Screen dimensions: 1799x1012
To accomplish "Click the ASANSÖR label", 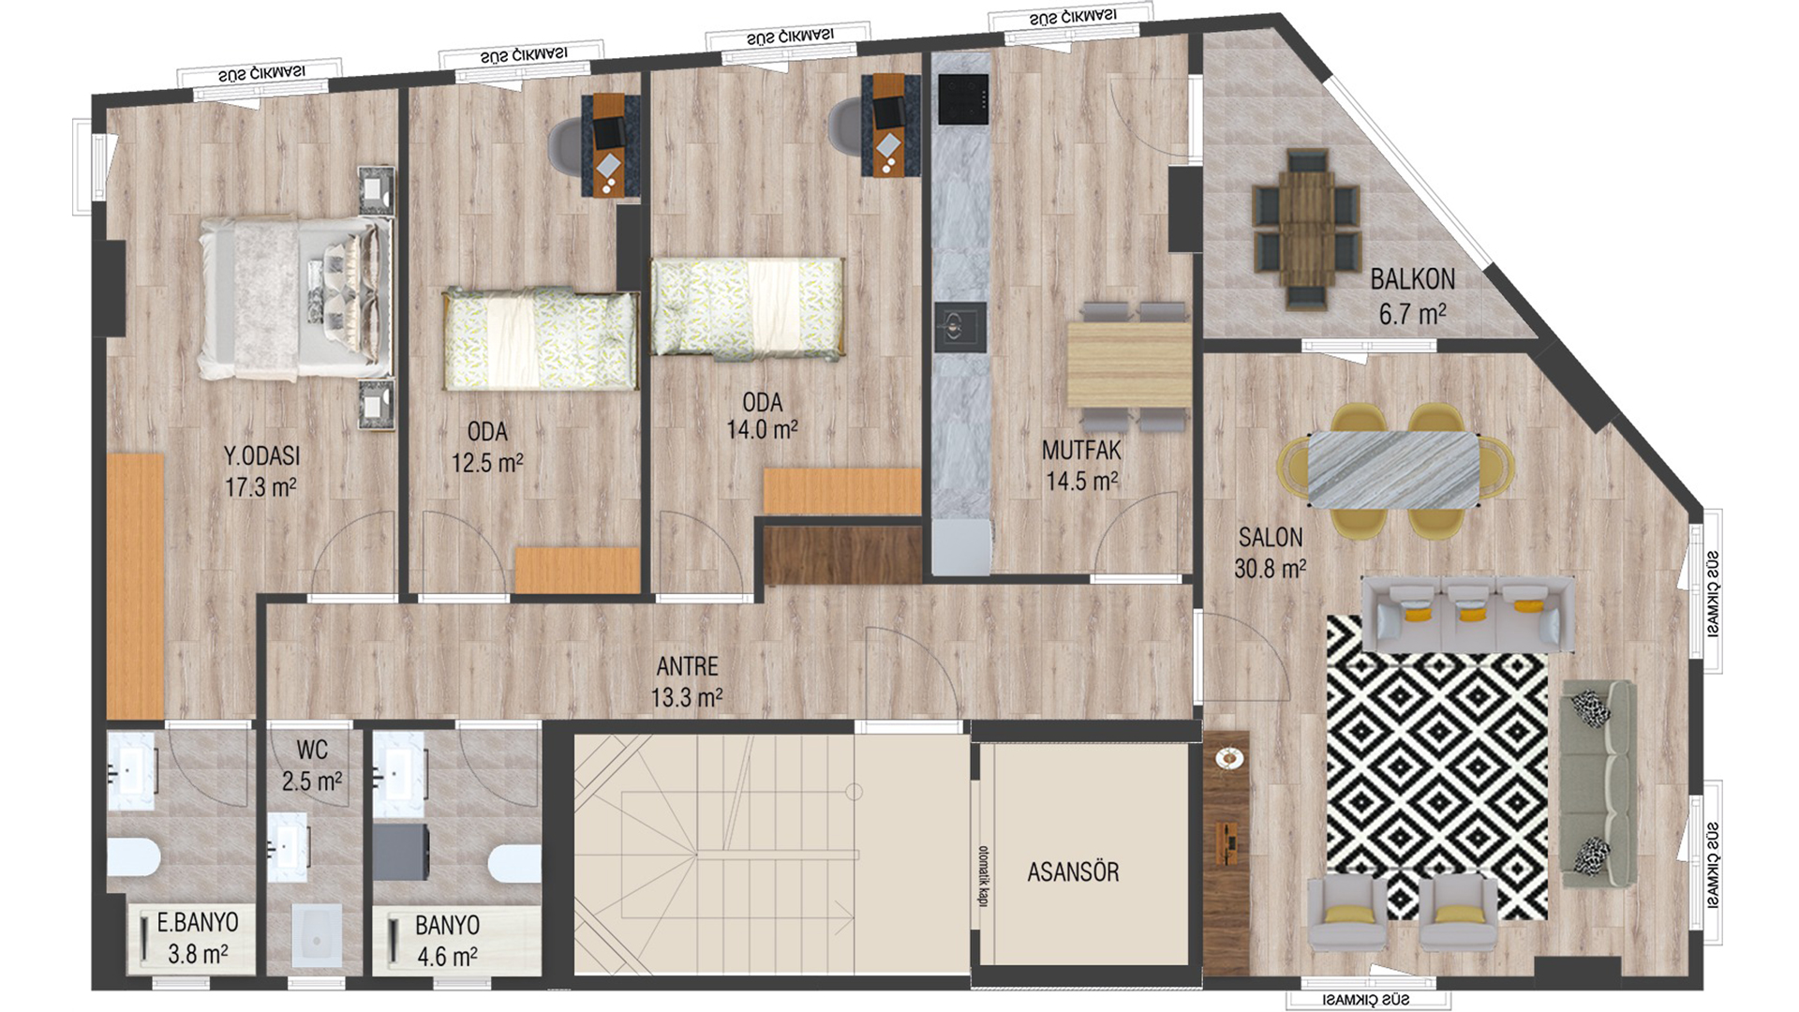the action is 1073,871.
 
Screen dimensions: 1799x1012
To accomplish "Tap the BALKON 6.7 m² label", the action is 1412,296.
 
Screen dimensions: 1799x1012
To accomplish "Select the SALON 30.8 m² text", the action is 1270,553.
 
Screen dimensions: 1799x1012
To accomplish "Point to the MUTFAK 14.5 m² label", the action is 1081,466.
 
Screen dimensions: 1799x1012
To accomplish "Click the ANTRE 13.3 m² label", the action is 687,681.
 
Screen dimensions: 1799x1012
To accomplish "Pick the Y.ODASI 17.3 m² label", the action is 260,471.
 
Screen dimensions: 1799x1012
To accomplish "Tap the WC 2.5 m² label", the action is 312,766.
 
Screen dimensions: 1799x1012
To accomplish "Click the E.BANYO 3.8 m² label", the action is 197,938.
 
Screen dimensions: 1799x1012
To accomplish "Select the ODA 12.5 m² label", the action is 487,447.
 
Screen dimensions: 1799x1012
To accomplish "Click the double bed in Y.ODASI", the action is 296,298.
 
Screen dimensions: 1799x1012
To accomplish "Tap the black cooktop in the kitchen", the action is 963,98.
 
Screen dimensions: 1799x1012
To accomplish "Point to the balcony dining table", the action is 1306,229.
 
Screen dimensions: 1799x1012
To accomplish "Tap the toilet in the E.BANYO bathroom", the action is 134,857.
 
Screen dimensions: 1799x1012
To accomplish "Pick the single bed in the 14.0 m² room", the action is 748,306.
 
